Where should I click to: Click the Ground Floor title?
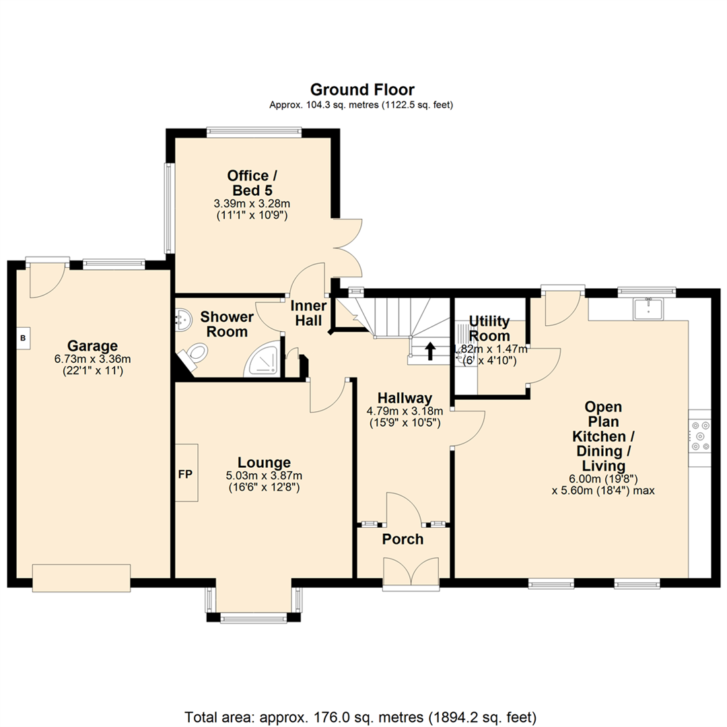361,90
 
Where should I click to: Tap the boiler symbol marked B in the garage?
22,338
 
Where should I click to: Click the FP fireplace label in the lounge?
185,474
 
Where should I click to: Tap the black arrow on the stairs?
429,350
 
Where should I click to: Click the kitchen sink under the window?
647,309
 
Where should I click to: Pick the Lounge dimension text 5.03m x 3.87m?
264,475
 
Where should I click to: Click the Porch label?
403,539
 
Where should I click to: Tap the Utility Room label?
489,327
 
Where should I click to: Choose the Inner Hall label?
308,313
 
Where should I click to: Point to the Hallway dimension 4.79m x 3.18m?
404,411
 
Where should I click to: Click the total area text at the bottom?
361,716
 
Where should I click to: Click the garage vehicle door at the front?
81,578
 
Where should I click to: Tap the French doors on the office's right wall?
349,248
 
